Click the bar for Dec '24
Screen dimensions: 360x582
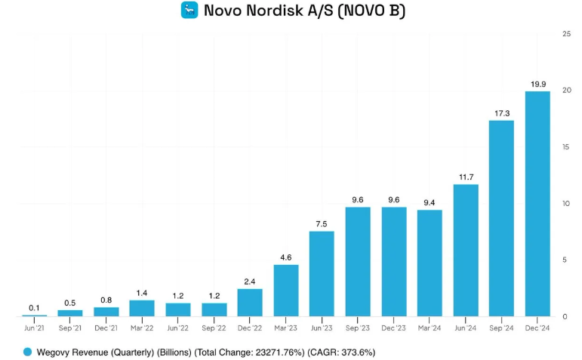[537, 204]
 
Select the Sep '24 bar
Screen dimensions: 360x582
[501, 218]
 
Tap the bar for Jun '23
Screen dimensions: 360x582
[322, 273]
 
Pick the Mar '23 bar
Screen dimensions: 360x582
[285, 290]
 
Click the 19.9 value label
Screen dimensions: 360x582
[537, 84]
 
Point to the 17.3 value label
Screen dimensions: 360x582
[501, 113]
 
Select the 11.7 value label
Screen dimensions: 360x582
[466, 177]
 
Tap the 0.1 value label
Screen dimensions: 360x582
[34, 308]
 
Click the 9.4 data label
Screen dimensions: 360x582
[430, 202]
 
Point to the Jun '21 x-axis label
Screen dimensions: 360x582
[34, 328]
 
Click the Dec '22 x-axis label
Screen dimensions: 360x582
[250, 328]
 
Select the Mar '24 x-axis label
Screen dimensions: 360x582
[430, 328]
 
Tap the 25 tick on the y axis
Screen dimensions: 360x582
[566, 34]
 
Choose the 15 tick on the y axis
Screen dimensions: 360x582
[566, 147]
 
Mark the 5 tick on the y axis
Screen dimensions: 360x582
[566, 260]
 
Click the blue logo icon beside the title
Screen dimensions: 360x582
[189, 11]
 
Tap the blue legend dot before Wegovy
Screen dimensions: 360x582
[28, 352]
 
